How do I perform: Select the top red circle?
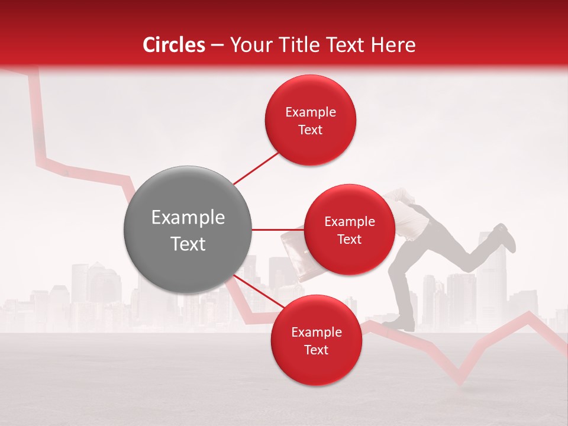point(310,120)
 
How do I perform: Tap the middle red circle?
point(349,230)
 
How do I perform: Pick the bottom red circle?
point(316,340)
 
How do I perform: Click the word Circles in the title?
point(173,45)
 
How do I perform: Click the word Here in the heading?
point(395,45)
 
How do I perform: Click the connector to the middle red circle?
point(277,230)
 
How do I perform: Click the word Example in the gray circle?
point(188,218)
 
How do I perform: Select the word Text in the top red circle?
point(310,130)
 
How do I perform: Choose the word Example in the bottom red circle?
point(316,332)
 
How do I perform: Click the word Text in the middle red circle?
point(349,239)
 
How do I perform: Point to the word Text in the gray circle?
point(188,243)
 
